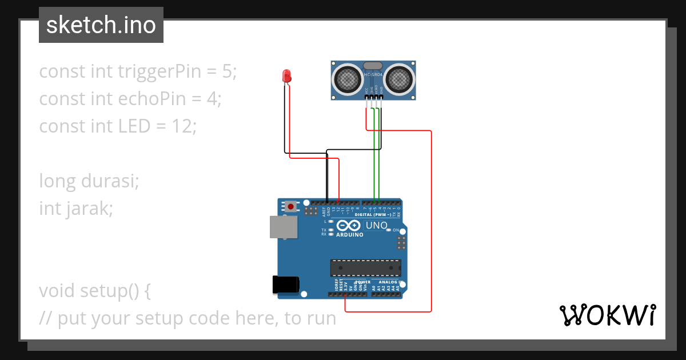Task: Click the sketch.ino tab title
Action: coord(101,25)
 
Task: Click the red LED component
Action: coord(287,75)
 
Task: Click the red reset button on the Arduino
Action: coord(291,206)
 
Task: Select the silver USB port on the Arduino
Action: coord(284,227)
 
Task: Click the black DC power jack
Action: coord(285,284)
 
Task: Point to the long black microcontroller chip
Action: coord(365,268)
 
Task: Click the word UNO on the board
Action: coord(376,225)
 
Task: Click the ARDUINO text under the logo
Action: coord(349,234)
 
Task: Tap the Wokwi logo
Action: coord(607,315)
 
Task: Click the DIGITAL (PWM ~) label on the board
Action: coord(373,215)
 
